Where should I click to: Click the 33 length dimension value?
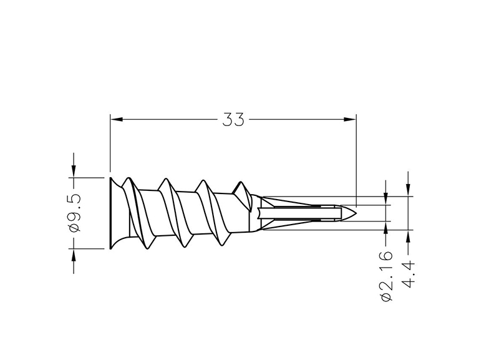click(x=233, y=120)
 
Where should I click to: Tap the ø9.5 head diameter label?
click(x=75, y=212)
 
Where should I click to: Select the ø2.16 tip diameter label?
click(x=386, y=276)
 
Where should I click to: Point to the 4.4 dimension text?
click(x=409, y=274)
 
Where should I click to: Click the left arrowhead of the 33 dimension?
click(x=117, y=119)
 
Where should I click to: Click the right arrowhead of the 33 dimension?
click(x=350, y=119)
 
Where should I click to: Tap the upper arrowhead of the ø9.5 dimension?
click(x=74, y=171)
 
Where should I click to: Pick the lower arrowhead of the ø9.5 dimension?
click(x=74, y=255)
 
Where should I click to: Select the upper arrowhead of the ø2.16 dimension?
click(x=386, y=199)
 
